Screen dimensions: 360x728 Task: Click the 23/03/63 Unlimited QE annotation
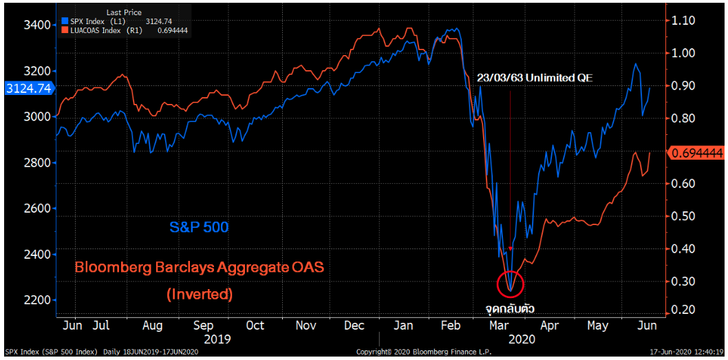[x=535, y=78]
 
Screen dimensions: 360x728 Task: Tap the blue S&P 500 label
[x=200, y=226]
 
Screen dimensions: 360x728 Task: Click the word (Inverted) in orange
[x=200, y=294]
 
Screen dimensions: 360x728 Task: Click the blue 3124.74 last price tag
[x=28, y=88]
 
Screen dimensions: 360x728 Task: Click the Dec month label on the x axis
[x=356, y=326]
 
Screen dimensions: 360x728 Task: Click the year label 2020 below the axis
[x=522, y=339]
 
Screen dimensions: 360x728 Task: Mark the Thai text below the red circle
[x=510, y=308]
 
